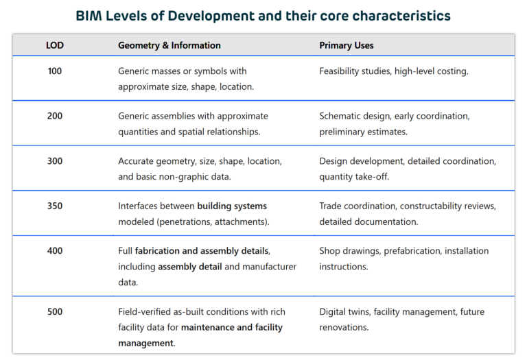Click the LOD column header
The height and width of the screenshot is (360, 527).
(54, 45)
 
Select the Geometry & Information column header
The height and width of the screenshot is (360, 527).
(169, 45)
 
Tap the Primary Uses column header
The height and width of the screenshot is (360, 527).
(346, 45)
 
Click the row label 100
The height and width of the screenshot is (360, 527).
(54, 71)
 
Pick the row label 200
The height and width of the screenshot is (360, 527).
(54, 116)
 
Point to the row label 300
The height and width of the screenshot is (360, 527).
(54, 161)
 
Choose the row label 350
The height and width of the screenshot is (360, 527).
(54, 206)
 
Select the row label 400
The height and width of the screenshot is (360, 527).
(54, 251)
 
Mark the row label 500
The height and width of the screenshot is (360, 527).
(54, 311)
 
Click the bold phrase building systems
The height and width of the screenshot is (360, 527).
(232, 206)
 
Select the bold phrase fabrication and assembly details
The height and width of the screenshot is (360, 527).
(202, 251)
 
